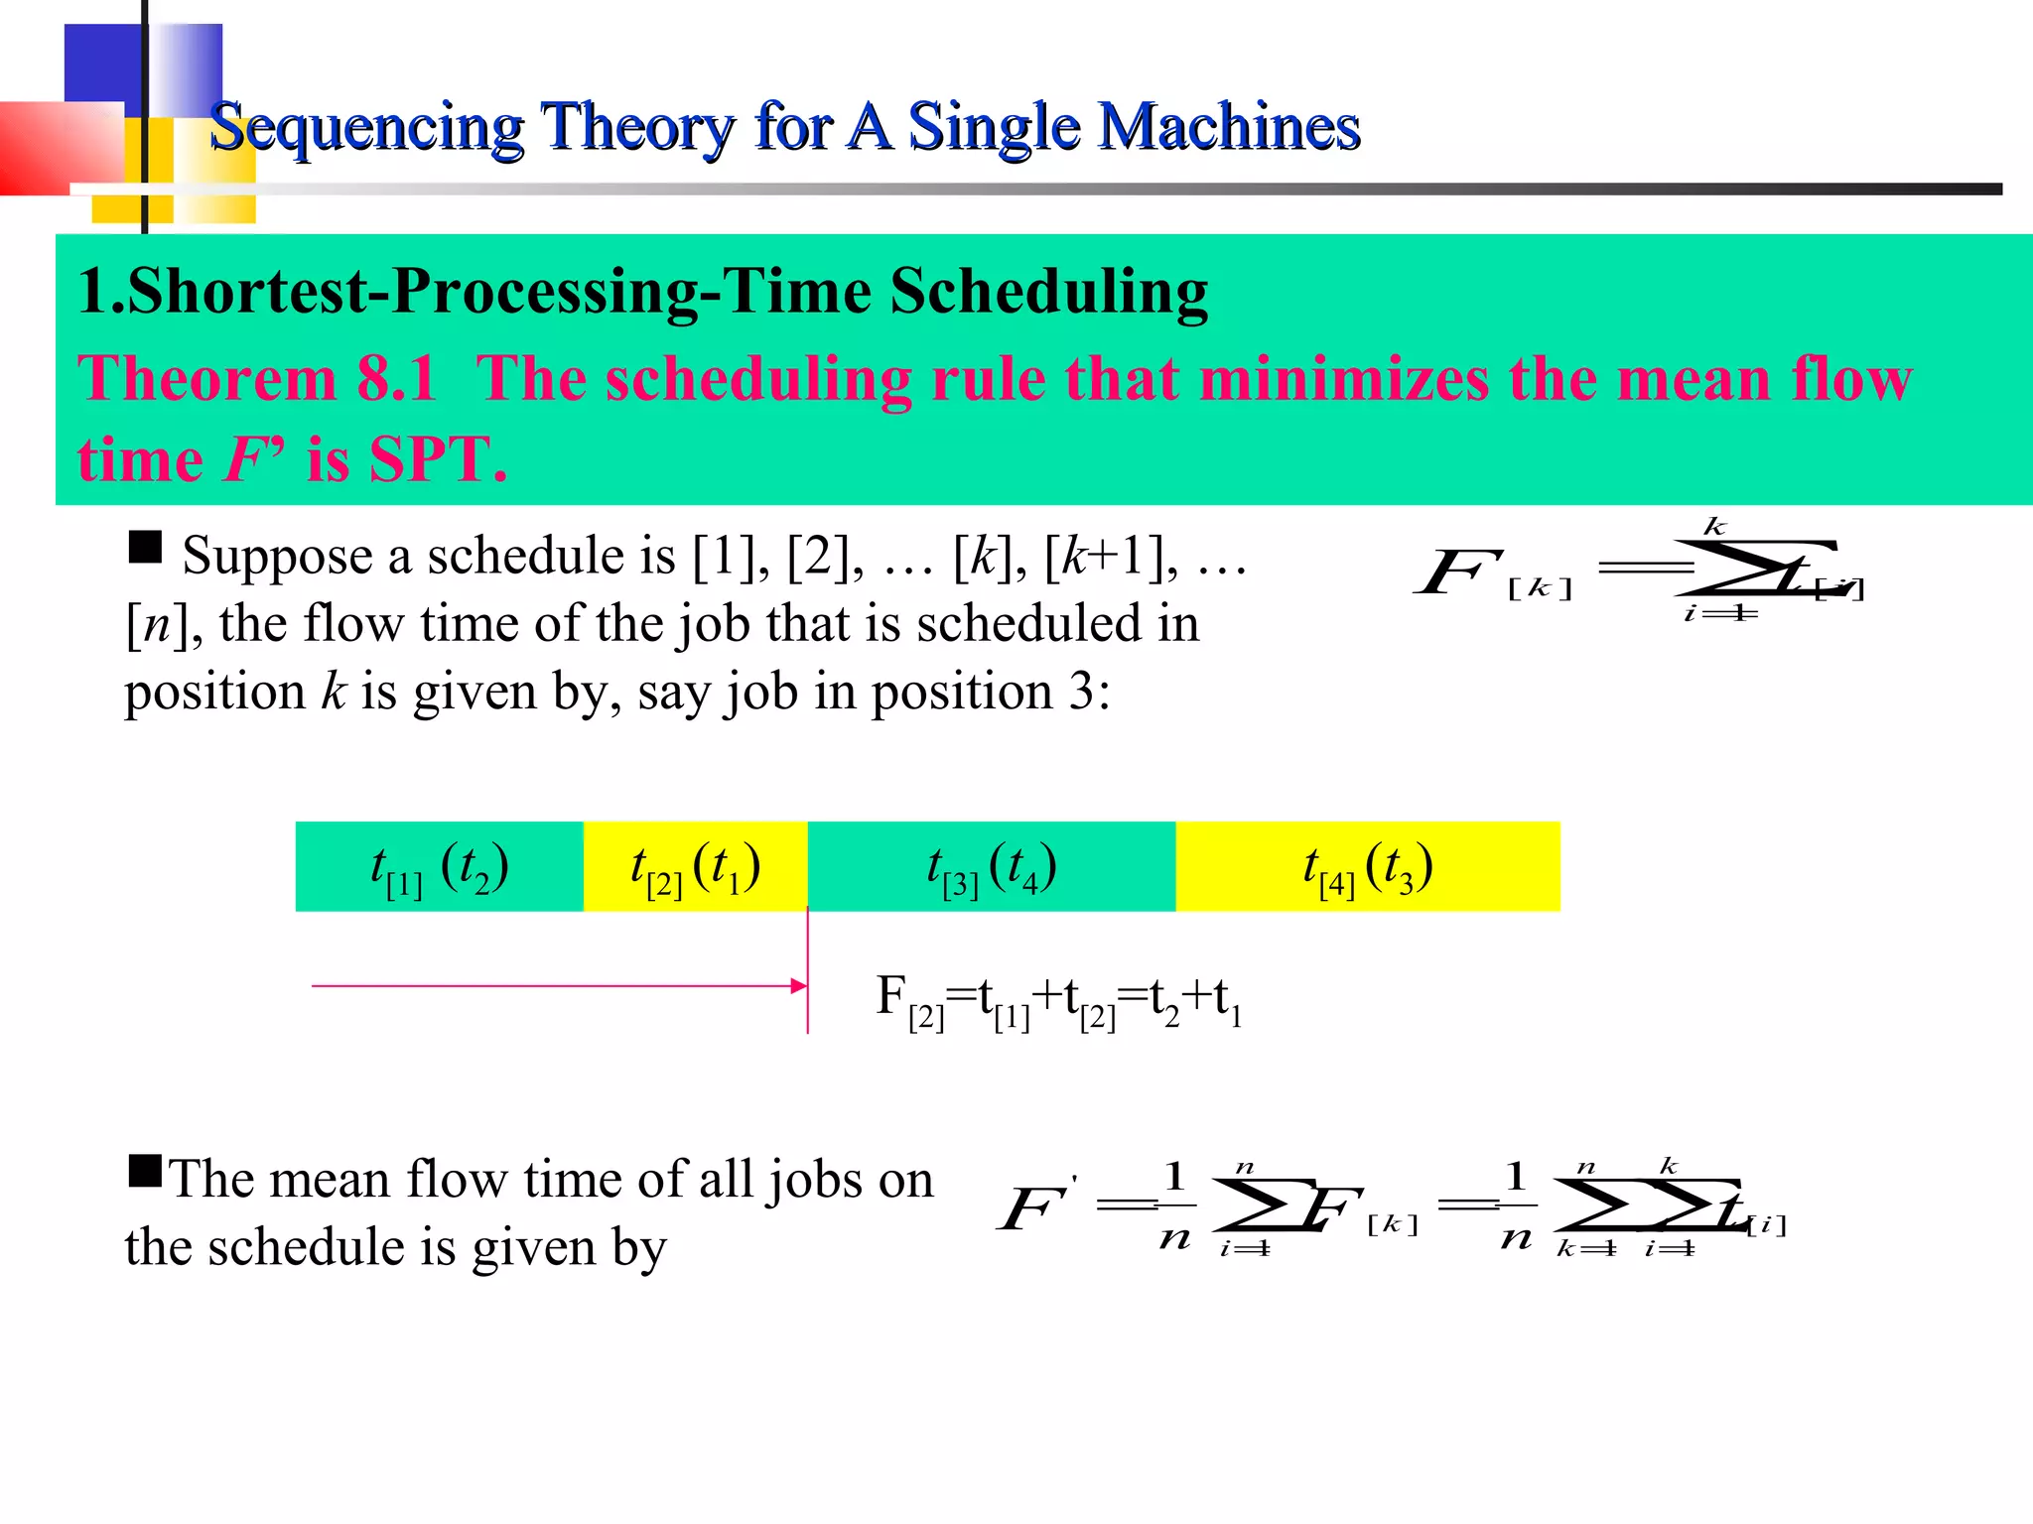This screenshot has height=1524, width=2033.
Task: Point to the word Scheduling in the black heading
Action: (x=1048, y=292)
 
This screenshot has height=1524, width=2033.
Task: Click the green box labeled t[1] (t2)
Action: (x=439, y=867)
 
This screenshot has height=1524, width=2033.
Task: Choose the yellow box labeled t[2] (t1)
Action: (x=695, y=867)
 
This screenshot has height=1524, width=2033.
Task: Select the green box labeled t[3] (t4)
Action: (x=991, y=867)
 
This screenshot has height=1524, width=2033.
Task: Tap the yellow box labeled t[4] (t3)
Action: (x=1367, y=867)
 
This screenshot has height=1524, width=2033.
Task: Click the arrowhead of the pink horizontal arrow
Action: (x=799, y=985)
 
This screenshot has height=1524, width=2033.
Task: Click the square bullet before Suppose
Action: (x=145, y=547)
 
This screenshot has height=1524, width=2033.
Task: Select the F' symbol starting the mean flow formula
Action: (x=1034, y=1208)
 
